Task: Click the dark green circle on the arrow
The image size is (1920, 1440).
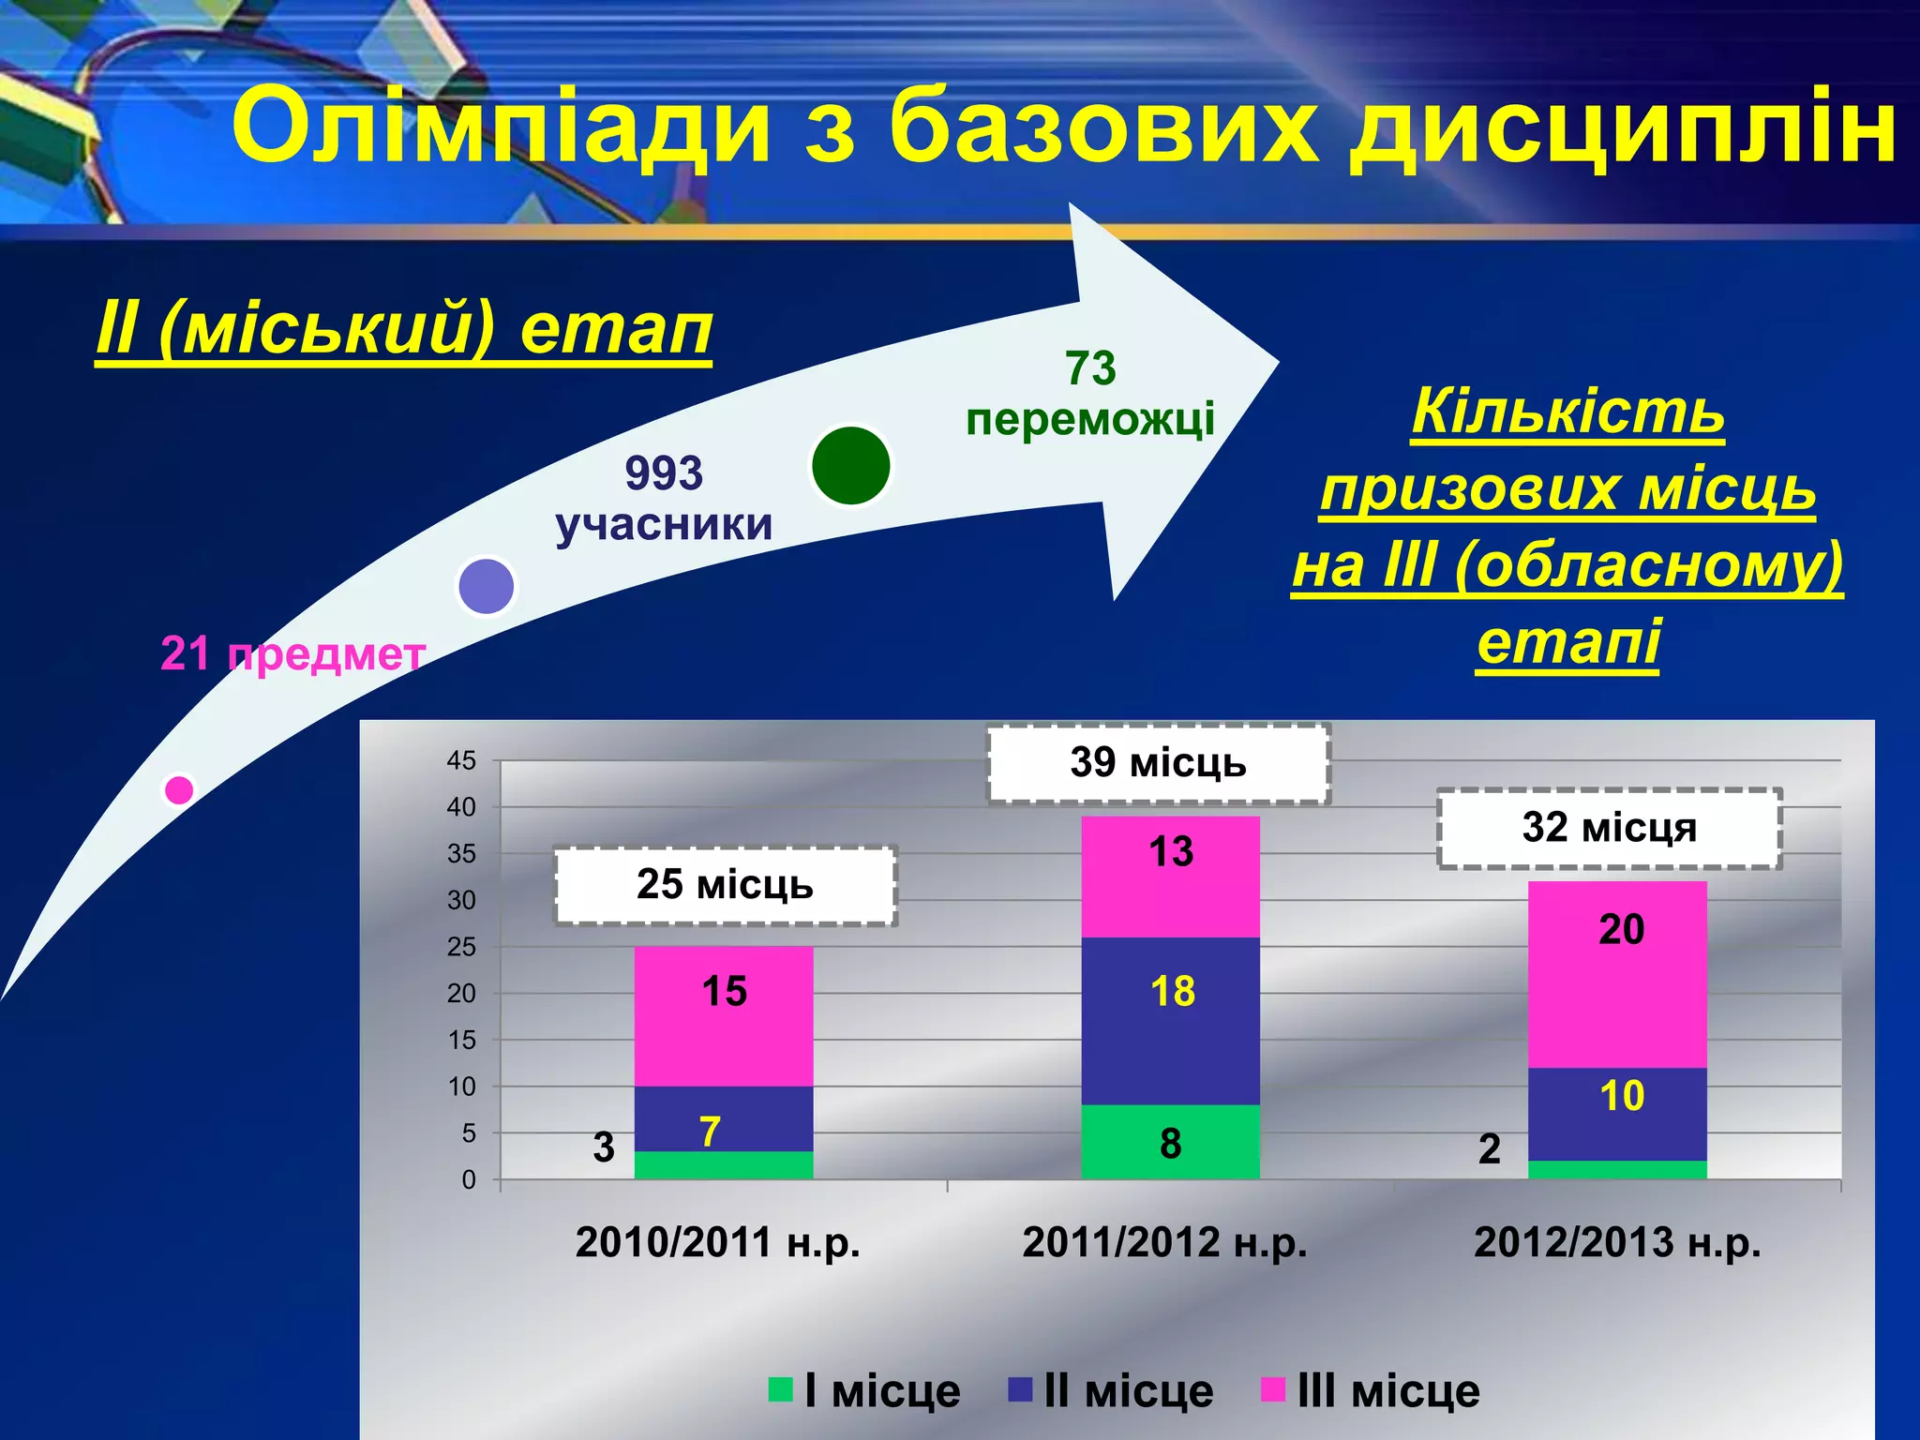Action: coord(850,466)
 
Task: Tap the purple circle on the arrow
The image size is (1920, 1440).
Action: coord(486,586)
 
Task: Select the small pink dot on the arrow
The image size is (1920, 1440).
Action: coord(179,790)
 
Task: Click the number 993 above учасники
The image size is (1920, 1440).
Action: coord(664,473)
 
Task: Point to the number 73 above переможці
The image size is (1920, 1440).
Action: coord(1090,368)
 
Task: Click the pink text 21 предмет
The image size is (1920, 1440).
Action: coord(292,653)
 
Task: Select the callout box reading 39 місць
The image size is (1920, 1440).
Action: coord(1159,763)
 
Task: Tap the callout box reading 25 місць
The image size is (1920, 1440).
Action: coord(725,885)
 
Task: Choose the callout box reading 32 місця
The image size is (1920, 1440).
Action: coord(1609,829)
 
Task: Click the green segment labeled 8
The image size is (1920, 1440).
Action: coord(1170,1143)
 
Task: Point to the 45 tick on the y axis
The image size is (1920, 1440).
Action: coord(461,760)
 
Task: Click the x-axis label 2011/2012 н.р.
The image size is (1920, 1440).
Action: coord(1164,1242)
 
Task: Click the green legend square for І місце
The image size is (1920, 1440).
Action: coord(780,1389)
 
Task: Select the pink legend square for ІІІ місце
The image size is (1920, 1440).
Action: coord(1272,1389)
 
